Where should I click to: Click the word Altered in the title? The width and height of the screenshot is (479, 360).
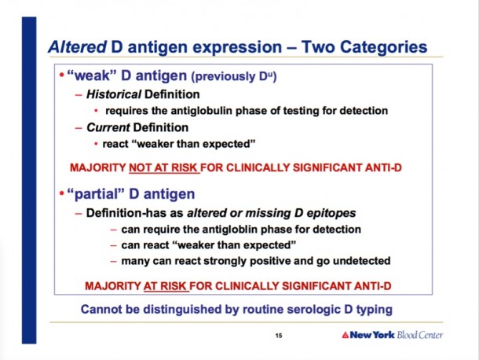[78, 47]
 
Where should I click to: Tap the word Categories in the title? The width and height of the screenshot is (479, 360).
[383, 47]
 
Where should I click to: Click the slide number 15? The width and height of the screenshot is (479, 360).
[279, 336]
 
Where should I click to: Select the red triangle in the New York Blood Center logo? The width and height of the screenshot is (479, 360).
[346, 335]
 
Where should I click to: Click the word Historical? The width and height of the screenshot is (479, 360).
[114, 94]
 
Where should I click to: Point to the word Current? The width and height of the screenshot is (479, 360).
[108, 127]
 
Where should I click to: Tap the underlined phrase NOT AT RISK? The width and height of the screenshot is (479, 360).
[164, 167]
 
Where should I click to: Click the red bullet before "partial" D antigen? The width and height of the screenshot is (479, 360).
[62, 193]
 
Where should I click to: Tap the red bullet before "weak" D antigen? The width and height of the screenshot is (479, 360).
[62, 75]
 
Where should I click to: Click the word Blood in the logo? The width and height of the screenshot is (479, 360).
[406, 335]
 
